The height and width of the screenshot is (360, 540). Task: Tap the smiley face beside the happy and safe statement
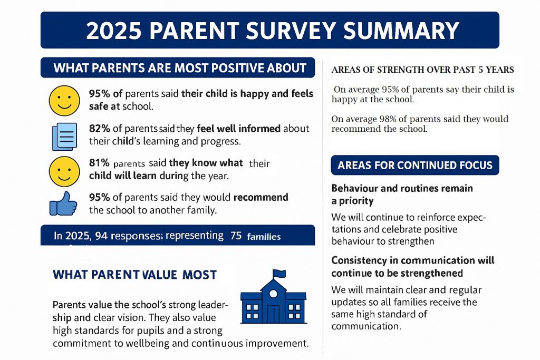pyautogui.click(x=63, y=101)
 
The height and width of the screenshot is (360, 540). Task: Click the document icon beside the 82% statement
pyautogui.click(x=64, y=137)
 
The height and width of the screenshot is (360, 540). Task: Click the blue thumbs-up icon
pyautogui.click(x=63, y=202)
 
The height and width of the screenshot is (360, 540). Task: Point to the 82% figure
pyautogui.click(x=100, y=129)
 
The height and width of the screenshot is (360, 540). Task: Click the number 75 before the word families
pyautogui.click(x=236, y=236)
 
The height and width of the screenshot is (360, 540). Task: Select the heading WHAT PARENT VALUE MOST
pyautogui.click(x=135, y=275)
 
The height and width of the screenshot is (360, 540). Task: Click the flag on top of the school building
pyautogui.click(x=279, y=274)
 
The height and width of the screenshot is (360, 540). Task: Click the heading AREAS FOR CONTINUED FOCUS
pyautogui.click(x=414, y=166)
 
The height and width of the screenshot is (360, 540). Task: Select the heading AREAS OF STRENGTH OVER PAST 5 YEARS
pyautogui.click(x=422, y=70)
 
